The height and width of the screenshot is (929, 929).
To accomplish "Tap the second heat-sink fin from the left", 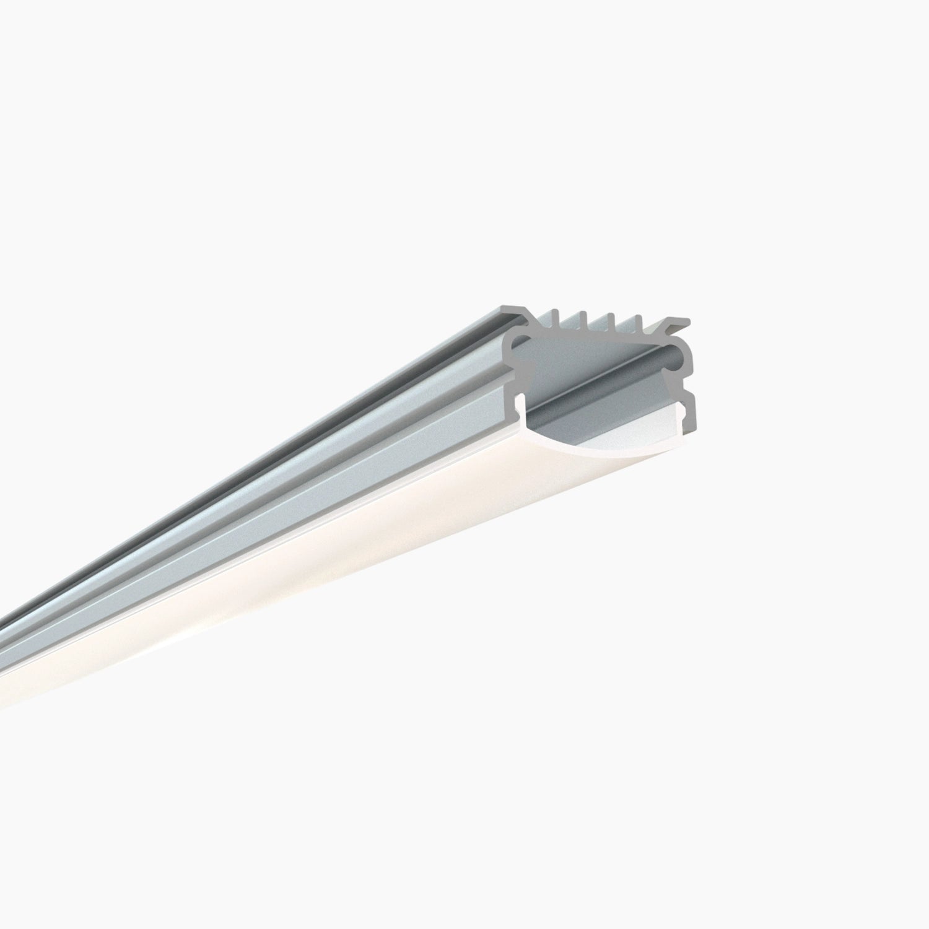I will [584, 318].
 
